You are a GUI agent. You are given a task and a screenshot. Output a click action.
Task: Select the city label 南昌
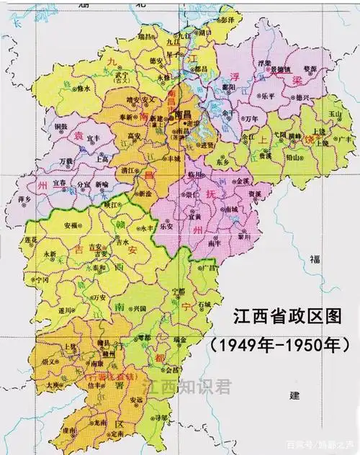pos(184,115)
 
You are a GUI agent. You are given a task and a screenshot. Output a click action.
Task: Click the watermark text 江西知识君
pos(186,387)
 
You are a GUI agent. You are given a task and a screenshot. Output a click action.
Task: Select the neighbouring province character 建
pos(293,395)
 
